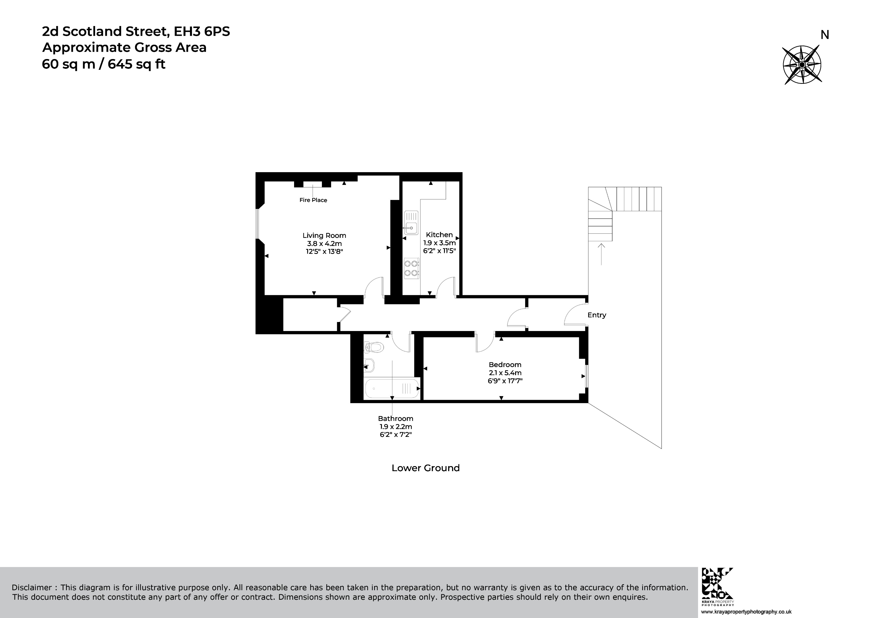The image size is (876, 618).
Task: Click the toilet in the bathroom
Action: click(374, 347)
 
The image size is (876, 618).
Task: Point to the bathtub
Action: click(392, 388)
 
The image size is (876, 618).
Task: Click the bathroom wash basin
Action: click(369, 366)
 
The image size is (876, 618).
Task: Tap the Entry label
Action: click(596, 315)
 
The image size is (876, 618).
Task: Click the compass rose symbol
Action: click(802, 65)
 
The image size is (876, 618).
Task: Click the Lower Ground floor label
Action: click(425, 468)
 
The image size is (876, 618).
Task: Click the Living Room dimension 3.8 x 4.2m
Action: click(324, 244)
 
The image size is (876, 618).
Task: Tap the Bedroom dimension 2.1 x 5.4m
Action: click(505, 373)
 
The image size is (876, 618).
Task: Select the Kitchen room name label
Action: click(439, 235)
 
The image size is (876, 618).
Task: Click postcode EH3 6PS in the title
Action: click(202, 31)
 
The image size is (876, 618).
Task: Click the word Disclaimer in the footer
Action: click(31, 587)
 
